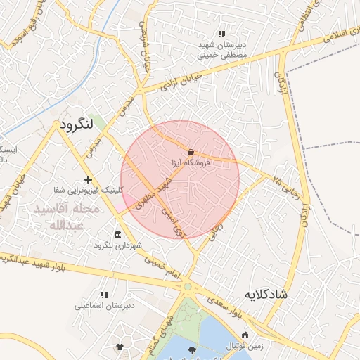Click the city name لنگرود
[x=77, y=125]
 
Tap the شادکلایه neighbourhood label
[x=266, y=292]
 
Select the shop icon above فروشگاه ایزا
[x=191, y=151]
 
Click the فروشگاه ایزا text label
[x=192, y=162]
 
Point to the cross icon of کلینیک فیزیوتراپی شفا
[x=88, y=179]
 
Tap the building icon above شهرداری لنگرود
[x=117, y=234]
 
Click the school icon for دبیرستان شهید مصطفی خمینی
[x=221, y=33]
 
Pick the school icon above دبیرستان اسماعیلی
[x=104, y=295]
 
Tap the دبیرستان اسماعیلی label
[x=104, y=306]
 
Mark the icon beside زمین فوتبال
[x=245, y=334]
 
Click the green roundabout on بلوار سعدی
[x=187, y=286]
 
